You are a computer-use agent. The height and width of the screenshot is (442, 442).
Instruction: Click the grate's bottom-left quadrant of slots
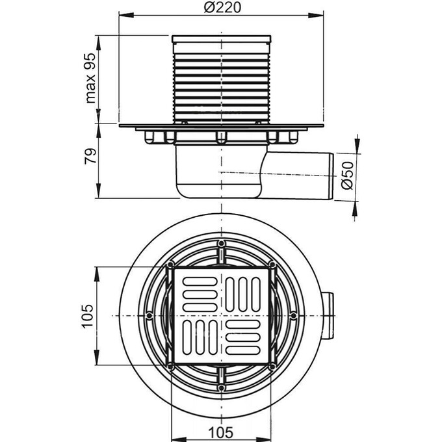198,338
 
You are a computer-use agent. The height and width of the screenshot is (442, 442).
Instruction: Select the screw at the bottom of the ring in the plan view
222,387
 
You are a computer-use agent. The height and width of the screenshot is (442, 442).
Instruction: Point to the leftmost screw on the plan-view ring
149,316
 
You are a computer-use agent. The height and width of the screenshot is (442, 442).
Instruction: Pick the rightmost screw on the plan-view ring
294,316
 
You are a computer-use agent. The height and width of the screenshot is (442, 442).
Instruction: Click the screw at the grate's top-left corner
170,265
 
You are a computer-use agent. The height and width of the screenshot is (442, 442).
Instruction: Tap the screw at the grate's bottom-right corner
273,367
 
